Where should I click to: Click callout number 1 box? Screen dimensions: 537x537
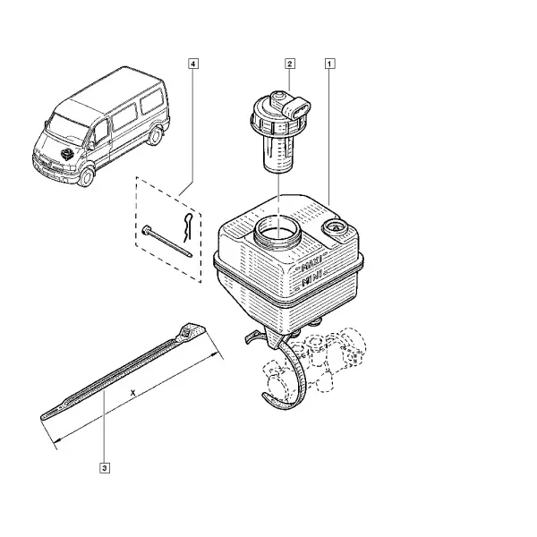click(x=329, y=64)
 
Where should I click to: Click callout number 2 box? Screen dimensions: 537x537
click(x=290, y=64)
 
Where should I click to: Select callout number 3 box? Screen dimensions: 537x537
click(x=105, y=468)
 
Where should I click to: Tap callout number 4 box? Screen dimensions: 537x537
click(x=193, y=64)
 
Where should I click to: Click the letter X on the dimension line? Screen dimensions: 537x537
click(x=132, y=393)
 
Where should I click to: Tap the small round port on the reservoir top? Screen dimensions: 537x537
click(x=334, y=226)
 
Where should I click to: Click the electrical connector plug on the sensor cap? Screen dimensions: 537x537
click(x=298, y=108)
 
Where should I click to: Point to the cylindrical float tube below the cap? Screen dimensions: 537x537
click(x=278, y=153)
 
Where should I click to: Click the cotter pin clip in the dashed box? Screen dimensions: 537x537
click(x=187, y=226)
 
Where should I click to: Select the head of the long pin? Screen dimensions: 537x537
click(x=146, y=230)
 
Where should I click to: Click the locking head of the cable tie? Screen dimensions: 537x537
click(x=190, y=330)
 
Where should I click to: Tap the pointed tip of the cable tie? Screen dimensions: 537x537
click(x=44, y=417)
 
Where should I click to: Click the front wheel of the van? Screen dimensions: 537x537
click(x=86, y=177)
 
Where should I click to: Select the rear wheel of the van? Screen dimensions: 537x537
click(x=156, y=135)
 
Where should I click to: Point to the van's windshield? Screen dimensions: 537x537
click(x=67, y=127)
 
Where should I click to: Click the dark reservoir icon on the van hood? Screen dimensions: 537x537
click(x=68, y=153)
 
